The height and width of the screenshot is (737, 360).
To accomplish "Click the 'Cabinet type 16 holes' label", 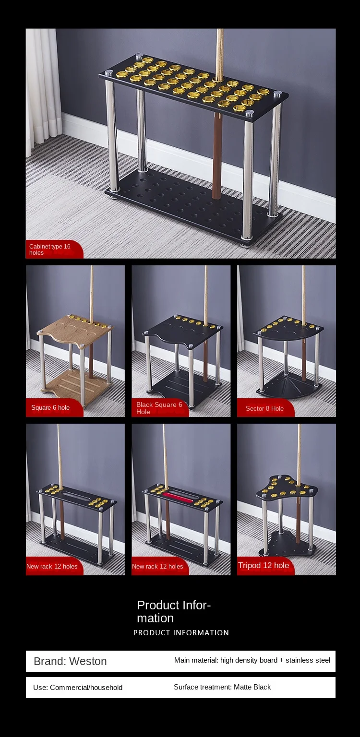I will click(x=50, y=250).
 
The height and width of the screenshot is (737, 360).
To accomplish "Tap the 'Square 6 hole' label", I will click(x=50, y=408).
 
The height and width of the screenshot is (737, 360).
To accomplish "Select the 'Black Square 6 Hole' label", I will click(x=159, y=408).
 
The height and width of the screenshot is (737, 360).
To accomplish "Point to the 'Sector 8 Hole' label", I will click(x=264, y=408).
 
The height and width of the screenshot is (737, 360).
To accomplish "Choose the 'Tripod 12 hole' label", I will click(x=264, y=565).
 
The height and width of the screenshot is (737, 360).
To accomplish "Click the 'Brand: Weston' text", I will click(x=70, y=661).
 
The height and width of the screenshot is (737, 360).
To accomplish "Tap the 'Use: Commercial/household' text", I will click(x=78, y=687).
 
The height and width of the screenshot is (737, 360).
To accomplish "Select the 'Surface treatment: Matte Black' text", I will click(x=222, y=687).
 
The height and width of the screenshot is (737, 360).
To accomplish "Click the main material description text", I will click(x=252, y=660).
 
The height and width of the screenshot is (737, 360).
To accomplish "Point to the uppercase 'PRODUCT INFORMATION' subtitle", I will click(x=181, y=632).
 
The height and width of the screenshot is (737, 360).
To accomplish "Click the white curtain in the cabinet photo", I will click(x=43, y=86).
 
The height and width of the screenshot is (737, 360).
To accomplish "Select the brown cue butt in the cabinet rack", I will click(x=217, y=154).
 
